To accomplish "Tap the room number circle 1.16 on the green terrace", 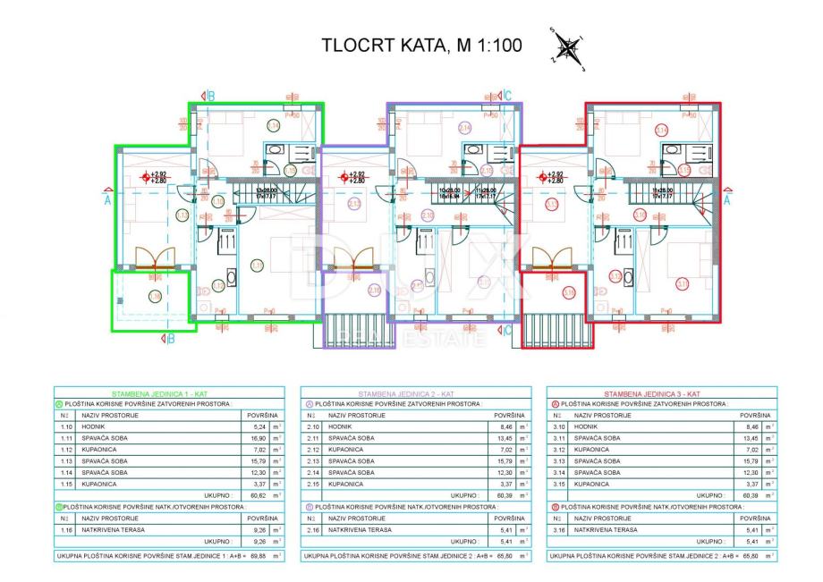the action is click(x=155, y=296).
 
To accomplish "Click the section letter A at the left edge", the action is click(x=107, y=201).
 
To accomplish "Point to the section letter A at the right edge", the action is click(x=727, y=201).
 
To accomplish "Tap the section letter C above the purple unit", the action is click(x=507, y=96).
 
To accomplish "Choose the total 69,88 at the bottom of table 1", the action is click(x=258, y=555).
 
